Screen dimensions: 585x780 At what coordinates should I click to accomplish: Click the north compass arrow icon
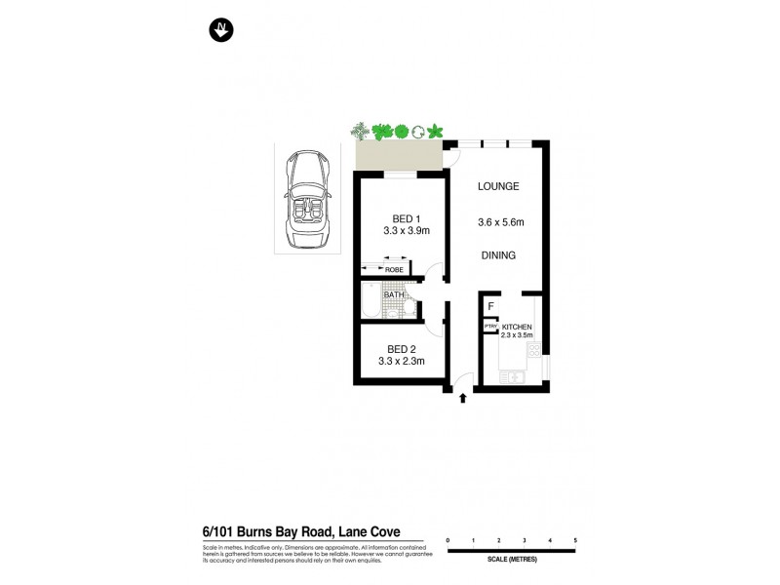221,31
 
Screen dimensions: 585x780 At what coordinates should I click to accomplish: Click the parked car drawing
307,200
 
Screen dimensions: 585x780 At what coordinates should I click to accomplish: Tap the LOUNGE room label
497,186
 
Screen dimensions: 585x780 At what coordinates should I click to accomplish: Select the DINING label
497,255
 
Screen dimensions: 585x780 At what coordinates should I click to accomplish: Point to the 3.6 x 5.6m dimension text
500,222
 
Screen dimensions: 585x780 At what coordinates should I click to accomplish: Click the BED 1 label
407,218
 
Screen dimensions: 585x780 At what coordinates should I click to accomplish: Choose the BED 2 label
402,349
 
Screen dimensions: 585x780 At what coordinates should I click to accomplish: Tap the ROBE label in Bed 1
394,269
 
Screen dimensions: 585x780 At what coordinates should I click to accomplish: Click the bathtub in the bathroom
370,303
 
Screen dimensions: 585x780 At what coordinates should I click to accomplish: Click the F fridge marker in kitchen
490,306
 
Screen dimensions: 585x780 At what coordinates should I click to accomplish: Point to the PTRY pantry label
490,327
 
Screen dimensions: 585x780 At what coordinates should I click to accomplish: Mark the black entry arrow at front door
462,397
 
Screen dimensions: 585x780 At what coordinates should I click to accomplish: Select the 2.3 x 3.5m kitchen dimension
517,335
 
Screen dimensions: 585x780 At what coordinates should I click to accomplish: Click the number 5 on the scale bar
575,539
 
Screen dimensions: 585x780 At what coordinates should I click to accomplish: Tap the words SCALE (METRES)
512,559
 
